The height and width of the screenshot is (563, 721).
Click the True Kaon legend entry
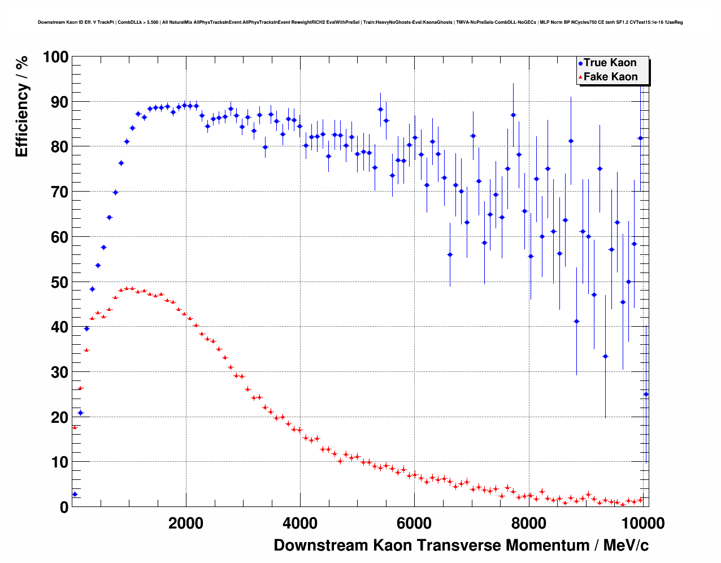(x=610, y=63)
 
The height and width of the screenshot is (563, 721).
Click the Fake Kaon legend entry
(x=610, y=77)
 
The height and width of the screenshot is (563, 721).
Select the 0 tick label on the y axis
(x=63, y=507)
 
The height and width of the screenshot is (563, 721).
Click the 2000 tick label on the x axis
(x=186, y=523)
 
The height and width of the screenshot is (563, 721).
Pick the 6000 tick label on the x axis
(x=414, y=523)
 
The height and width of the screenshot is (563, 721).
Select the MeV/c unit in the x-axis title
(x=626, y=545)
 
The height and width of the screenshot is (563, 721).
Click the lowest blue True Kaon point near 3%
(x=75, y=494)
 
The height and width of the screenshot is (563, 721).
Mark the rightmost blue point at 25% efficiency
(x=646, y=394)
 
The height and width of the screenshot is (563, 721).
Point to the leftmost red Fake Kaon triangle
(x=75, y=427)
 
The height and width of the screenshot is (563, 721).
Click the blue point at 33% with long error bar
(x=605, y=356)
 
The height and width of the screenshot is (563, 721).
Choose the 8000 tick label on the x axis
(x=528, y=523)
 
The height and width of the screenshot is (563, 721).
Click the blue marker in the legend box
(x=580, y=63)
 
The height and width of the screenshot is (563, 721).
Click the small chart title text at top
(x=360, y=23)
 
